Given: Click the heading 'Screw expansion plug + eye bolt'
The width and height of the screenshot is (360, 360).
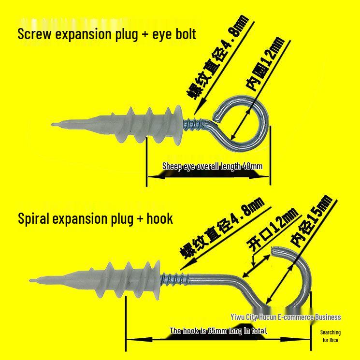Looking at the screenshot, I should pos(107,34).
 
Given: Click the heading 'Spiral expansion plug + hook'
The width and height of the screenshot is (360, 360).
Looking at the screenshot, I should pos(95,218).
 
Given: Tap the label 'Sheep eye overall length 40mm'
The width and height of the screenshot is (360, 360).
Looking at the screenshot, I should pos(212,167).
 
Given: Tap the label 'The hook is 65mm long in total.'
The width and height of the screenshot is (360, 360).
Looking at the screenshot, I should pos(218,331).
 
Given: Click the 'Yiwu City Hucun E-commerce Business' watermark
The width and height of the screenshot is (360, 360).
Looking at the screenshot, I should pos(285,317).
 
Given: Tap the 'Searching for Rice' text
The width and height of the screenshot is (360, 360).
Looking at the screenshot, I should pos(331,336).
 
